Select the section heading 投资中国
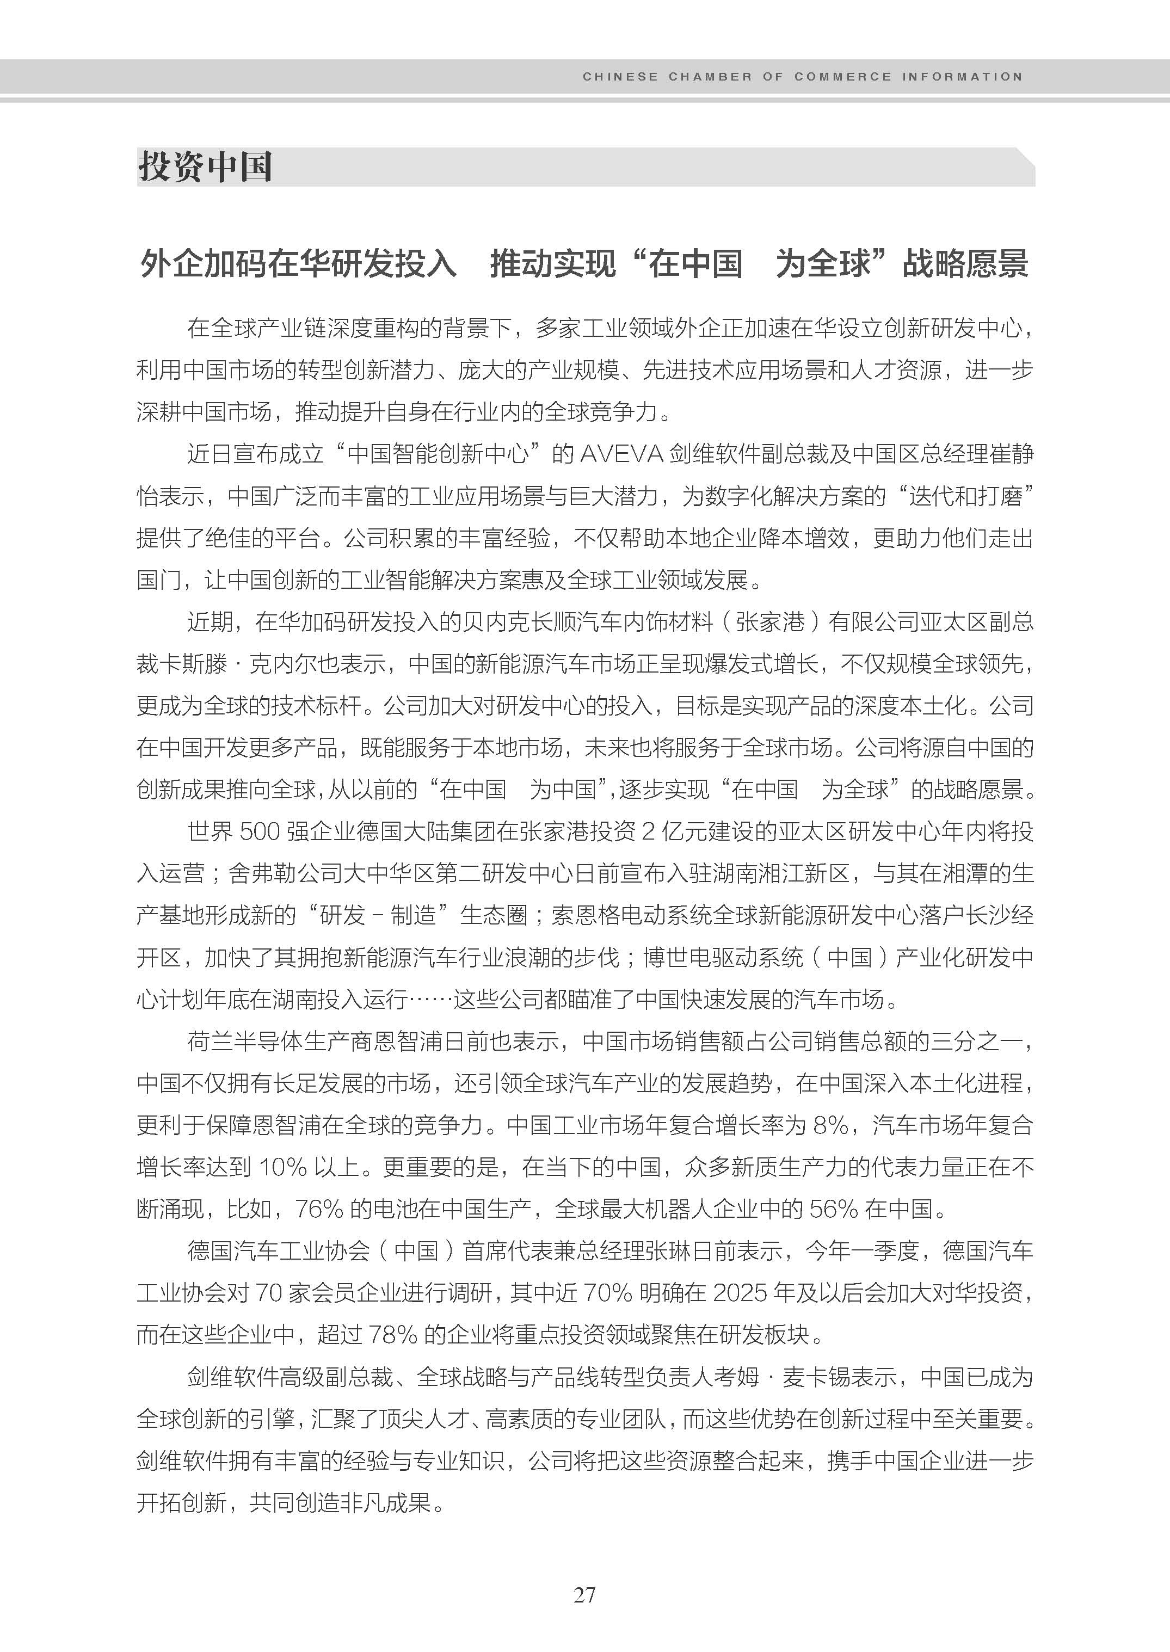[205, 167]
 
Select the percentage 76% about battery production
[319, 1209]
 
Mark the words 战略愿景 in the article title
[965, 264]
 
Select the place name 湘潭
[965, 874]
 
